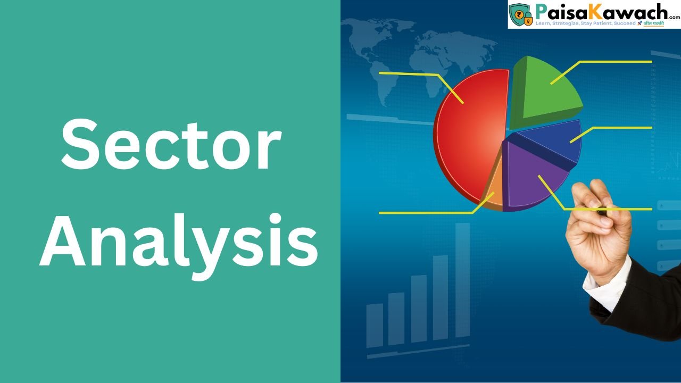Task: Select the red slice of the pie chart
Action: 468,138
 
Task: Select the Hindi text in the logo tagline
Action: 653,24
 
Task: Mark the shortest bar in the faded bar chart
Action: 375,325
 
